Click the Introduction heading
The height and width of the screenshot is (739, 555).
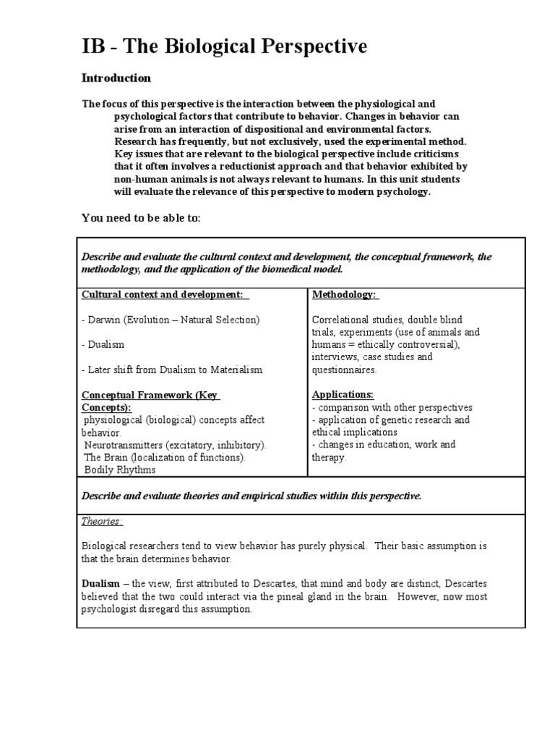coord(116,78)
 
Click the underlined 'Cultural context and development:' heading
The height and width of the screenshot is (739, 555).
coord(165,295)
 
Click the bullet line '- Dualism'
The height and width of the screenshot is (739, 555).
coord(103,345)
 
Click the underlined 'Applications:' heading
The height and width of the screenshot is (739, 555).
coord(343,395)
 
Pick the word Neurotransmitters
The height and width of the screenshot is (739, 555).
coord(125,445)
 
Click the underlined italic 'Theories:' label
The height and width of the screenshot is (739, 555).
coord(102,521)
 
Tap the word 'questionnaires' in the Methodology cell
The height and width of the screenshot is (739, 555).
coord(345,369)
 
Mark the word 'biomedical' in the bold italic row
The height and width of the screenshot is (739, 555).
coord(288,269)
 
